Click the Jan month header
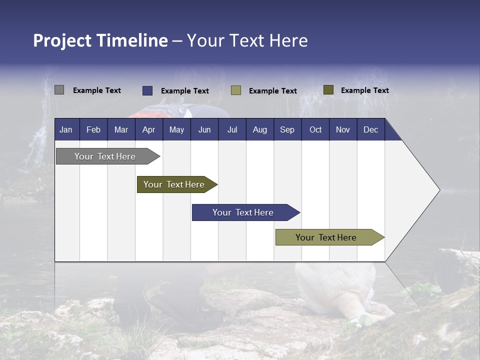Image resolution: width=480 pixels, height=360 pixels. (66, 129)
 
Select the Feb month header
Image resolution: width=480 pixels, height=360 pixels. (93, 129)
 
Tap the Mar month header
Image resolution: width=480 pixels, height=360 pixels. (121, 129)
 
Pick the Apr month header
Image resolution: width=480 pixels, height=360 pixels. (149, 129)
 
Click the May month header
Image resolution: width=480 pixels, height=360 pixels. (176, 129)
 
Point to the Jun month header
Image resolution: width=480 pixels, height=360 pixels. (204, 129)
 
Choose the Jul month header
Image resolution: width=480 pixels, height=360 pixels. (232, 129)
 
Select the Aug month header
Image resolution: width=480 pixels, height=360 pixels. (260, 129)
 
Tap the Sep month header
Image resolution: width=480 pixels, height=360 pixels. (287, 129)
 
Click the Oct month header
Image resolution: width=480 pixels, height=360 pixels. (315, 129)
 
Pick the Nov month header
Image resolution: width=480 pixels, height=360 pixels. (343, 129)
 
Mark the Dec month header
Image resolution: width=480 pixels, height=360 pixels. (371, 129)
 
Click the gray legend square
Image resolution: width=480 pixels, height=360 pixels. (59, 90)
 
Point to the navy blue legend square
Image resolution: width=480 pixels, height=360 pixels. (147, 90)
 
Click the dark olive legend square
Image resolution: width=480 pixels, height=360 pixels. (328, 90)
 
